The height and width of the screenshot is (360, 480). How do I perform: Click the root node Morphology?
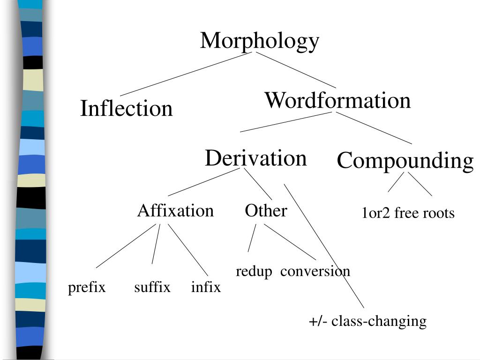click(x=260, y=41)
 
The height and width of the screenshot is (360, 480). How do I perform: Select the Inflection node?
click(x=127, y=109)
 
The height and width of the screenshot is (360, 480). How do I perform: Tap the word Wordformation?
click(x=337, y=100)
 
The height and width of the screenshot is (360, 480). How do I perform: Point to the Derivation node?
click(x=255, y=158)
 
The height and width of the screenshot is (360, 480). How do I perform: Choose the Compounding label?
click(x=405, y=161)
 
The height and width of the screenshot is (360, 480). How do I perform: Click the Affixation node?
click(x=175, y=211)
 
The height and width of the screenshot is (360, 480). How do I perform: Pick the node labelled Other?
click(x=266, y=211)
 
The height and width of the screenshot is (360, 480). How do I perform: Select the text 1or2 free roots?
click(x=408, y=214)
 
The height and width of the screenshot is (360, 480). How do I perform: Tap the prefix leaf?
click(x=87, y=287)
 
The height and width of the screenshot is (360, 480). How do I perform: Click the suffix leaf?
click(x=152, y=287)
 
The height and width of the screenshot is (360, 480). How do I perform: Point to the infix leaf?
click(x=206, y=287)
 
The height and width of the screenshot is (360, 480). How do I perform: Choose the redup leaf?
click(x=254, y=271)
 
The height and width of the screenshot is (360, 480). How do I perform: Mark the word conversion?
click(x=315, y=271)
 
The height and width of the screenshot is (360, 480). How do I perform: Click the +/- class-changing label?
click(x=367, y=322)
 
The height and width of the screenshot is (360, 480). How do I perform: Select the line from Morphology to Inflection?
click(x=183, y=75)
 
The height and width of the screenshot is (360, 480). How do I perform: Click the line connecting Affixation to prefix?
click(x=126, y=246)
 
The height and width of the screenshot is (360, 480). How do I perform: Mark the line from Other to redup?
click(x=252, y=238)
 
